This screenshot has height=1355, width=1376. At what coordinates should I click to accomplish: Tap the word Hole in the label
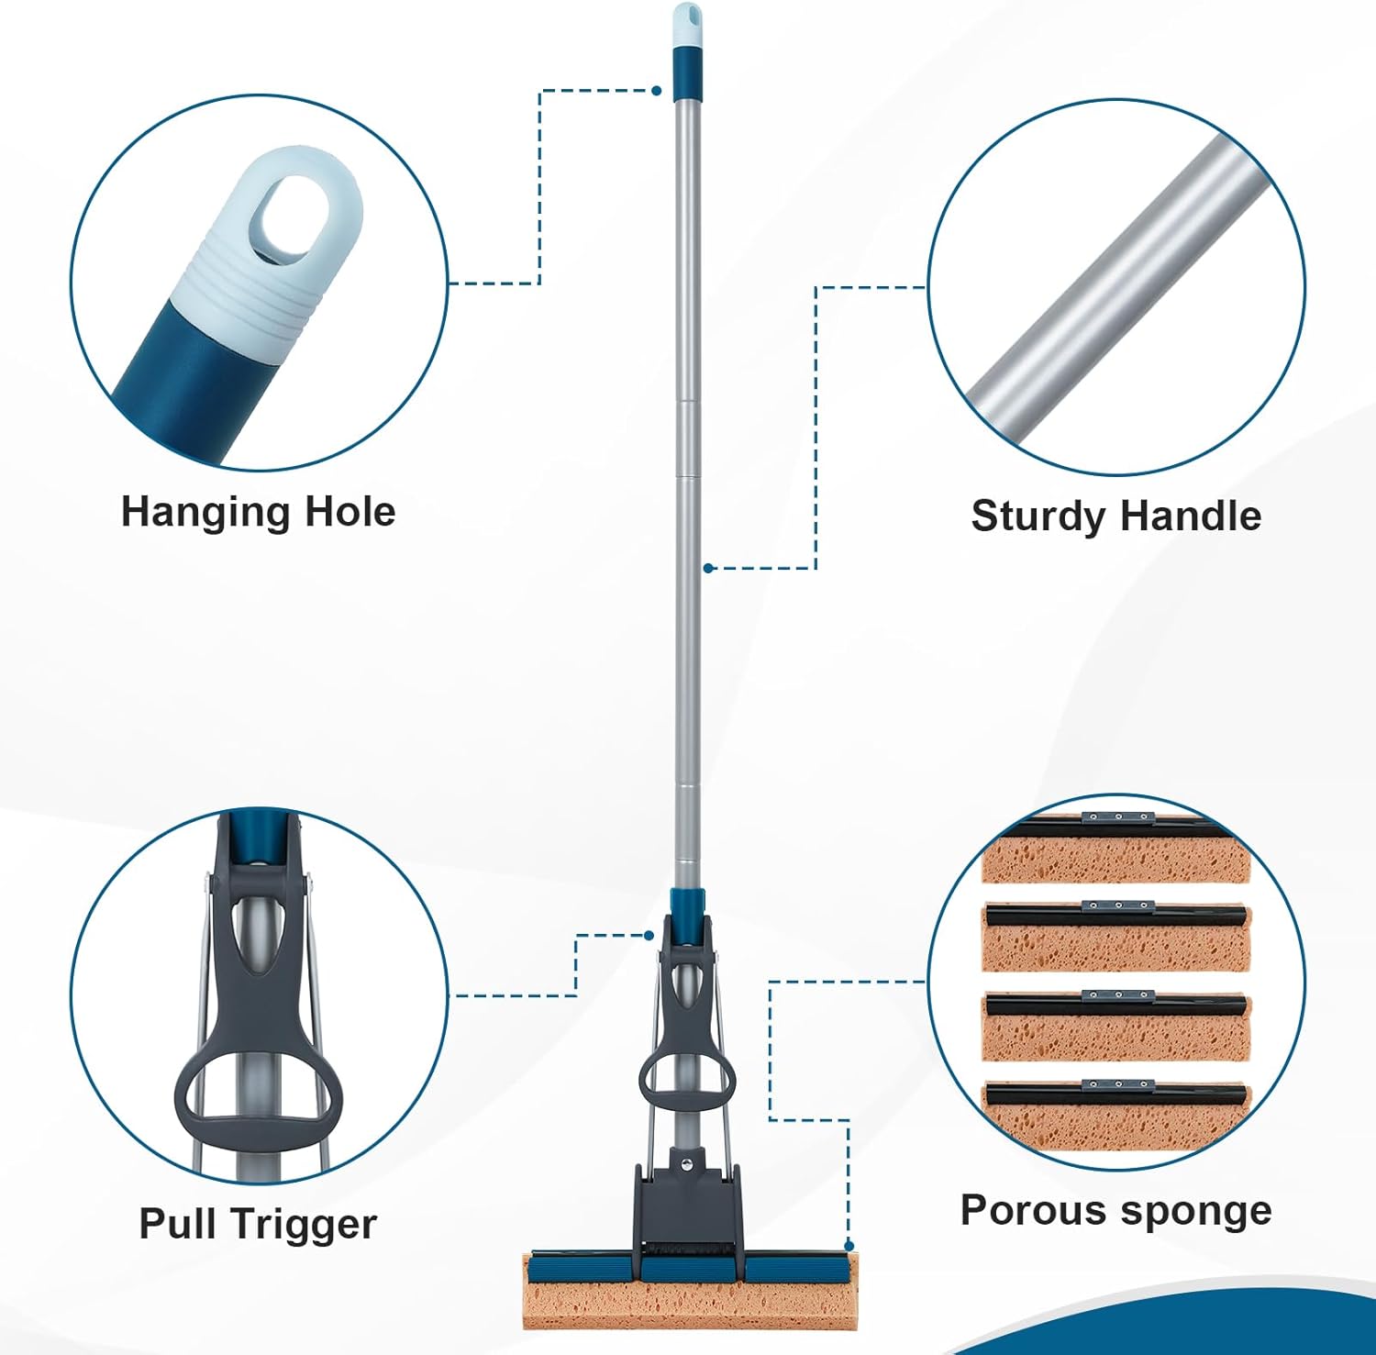click(350, 511)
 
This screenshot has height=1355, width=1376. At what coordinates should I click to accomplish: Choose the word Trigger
click(304, 1226)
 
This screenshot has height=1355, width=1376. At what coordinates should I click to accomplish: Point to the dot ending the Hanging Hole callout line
click(657, 91)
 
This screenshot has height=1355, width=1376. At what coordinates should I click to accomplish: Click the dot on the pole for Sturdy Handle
click(708, 568)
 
